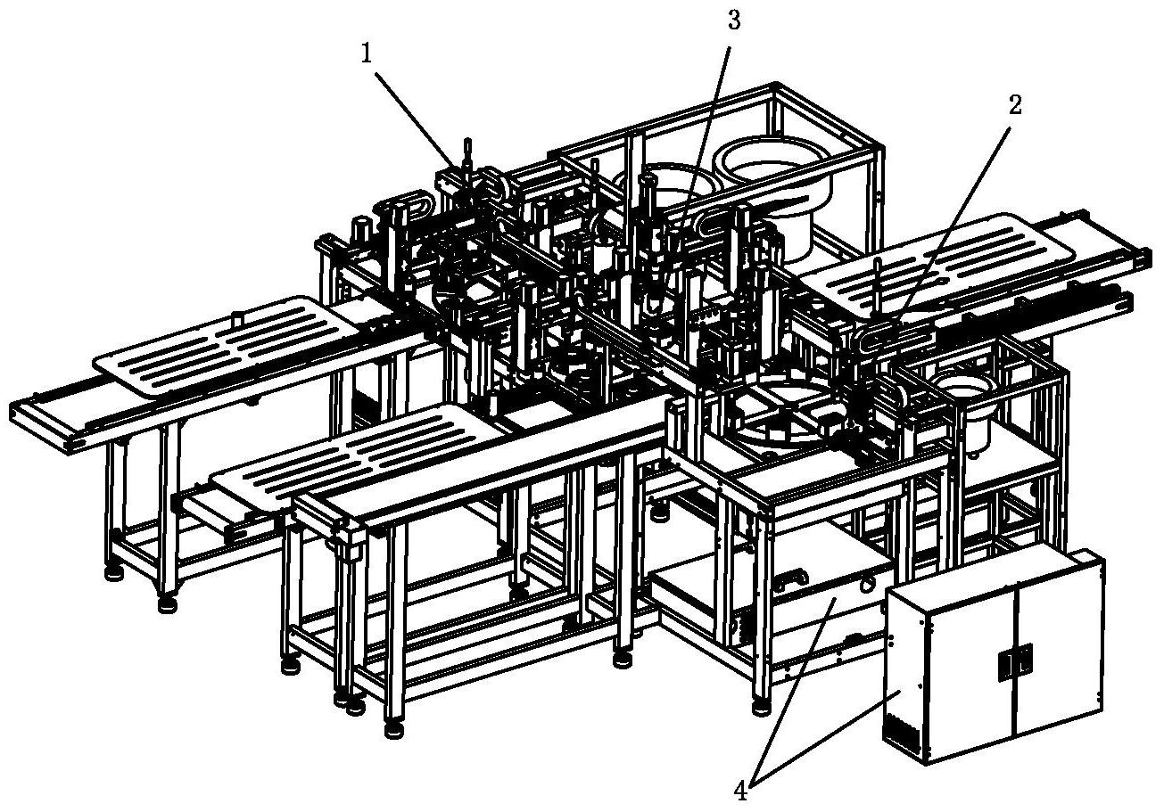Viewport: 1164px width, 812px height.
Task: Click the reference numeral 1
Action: (x=367, y=53)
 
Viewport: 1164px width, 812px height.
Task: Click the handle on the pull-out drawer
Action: (x=791, y=581)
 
